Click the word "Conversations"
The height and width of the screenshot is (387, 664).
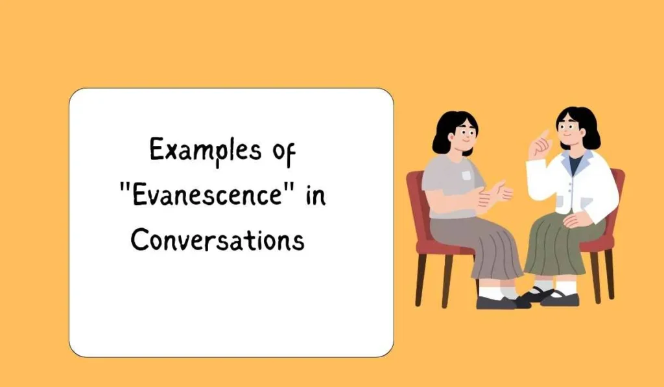click(217, 240)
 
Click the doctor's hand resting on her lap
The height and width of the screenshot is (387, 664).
click(573, 220)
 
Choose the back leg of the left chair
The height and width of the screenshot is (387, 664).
click(420, 279)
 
